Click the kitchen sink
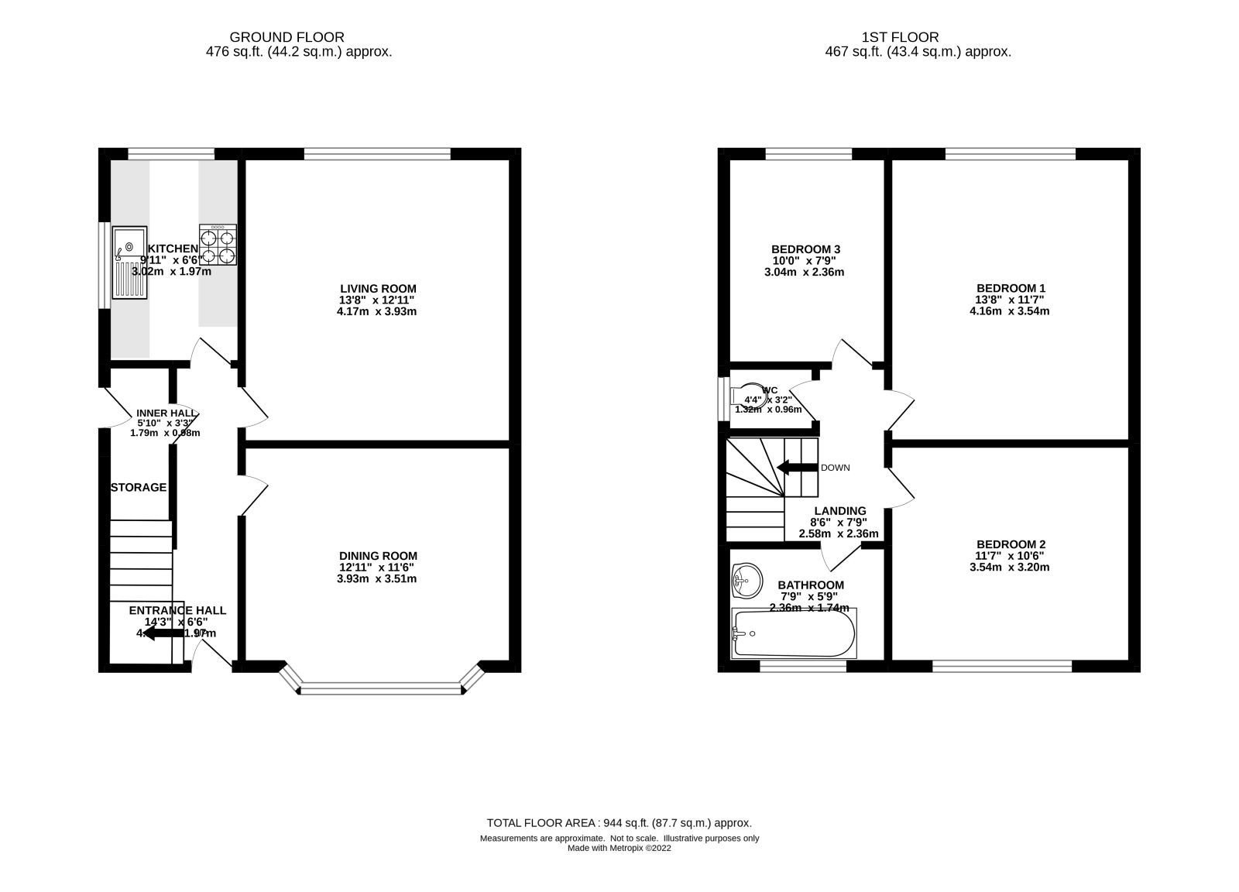(129, 262)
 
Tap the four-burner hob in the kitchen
(218, 245)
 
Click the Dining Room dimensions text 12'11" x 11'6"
(378, 567)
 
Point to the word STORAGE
(139, 487)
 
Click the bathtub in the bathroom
(794, 633)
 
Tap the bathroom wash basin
(746, 580)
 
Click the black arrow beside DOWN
(797, 467)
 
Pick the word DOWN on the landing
(835, 468)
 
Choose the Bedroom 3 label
(805, 249)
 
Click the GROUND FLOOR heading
(287, 36)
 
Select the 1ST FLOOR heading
(900, 36)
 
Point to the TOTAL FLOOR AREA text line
(619, 823)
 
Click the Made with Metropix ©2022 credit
(619, 848)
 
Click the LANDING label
(839, 510)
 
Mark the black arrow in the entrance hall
(163, 634)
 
